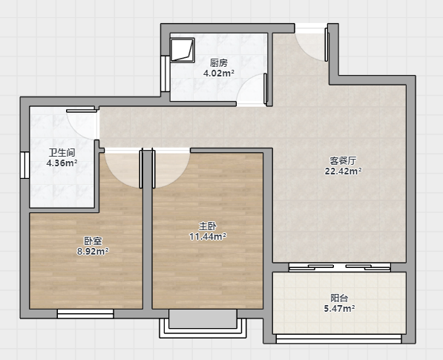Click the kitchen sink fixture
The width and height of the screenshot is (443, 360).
point(183,50)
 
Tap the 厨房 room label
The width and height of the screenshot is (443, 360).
point(219,63)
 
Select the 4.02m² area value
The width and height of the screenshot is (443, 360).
point(219,73)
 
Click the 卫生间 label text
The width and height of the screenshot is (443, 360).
point(62,153)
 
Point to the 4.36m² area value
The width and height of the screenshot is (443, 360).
point(62,163)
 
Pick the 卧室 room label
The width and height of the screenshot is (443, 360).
point(93,240)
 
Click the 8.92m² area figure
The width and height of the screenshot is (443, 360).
point(93,251)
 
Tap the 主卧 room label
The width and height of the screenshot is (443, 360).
point(208,226)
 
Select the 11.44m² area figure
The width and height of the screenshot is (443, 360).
point(208,237)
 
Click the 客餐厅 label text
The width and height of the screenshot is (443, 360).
point(343,161)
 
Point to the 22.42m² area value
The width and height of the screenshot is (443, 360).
point(343,171)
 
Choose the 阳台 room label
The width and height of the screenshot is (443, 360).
point(339,298)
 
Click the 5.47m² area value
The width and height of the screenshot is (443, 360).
point(339,309)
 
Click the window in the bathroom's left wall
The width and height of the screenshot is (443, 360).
point(25,166)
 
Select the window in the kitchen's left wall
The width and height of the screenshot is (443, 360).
point(165,73)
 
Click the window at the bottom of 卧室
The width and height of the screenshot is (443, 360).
point(85,314)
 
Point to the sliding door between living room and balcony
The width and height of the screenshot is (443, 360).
point(340,267)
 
